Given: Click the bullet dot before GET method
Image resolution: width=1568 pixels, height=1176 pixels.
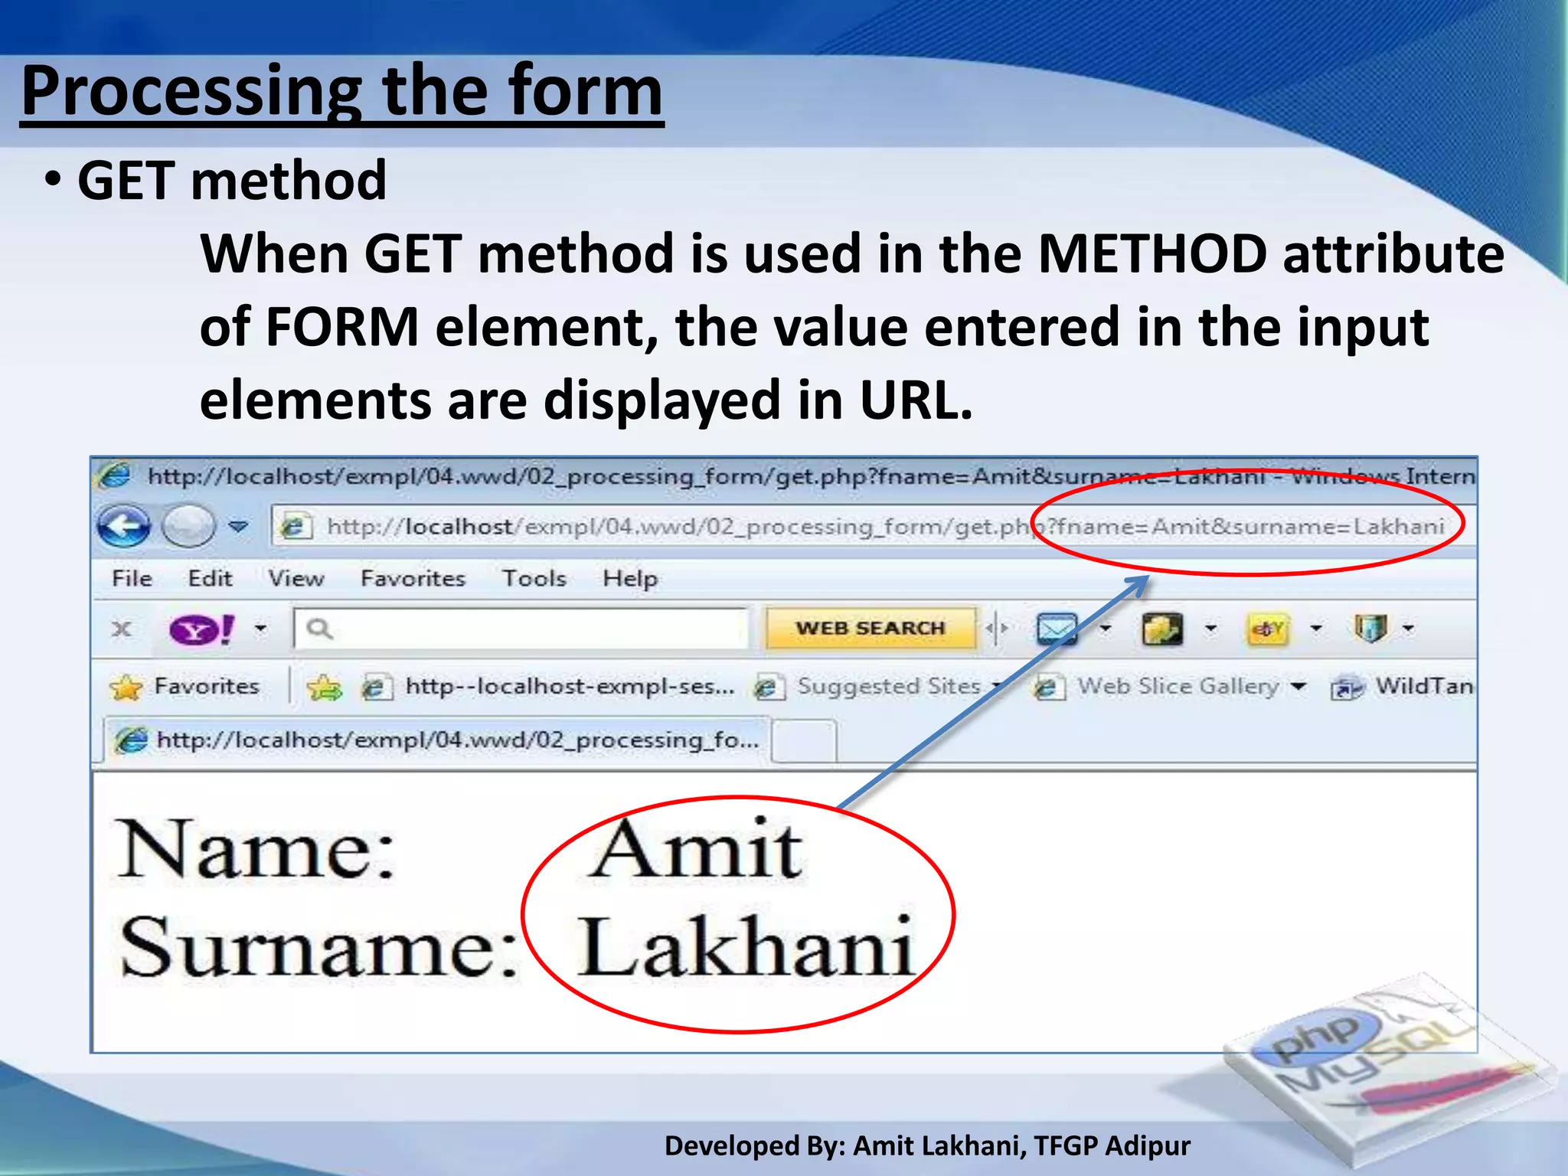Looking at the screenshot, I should tap(52, 181).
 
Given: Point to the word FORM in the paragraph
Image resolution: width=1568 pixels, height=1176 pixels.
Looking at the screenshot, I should tap(342, 327).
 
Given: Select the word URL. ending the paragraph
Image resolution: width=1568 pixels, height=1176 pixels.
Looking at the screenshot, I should tap(916, 400).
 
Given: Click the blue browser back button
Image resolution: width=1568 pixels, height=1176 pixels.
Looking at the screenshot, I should tap(123, 527).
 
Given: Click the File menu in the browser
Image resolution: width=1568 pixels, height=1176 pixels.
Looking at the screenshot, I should tap(132, 579).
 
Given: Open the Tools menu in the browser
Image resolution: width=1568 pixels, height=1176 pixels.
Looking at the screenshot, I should tap(534, 579).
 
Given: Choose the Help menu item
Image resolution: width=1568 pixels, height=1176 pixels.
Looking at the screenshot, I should tap(629, 579).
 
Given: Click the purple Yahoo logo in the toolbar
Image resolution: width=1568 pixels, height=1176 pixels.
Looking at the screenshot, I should tap(201, 629).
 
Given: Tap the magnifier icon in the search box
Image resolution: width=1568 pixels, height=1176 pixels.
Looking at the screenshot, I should tap(319, 629).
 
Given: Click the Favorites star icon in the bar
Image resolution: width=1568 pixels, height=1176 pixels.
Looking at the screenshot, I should tap(126, 687).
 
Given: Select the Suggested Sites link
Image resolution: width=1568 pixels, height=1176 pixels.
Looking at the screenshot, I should tap(888, 686).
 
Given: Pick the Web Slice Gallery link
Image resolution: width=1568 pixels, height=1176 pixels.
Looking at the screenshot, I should tap(1178, 686).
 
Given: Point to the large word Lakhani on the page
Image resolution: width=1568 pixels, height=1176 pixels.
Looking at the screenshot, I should tap(745, 948).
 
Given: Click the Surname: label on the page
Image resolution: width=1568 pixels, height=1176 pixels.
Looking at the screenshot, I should tap(318, 948).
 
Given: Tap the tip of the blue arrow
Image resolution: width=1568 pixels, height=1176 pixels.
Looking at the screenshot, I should tap(1148, 577).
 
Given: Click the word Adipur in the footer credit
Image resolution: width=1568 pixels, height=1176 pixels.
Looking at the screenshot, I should tap(1148, 1145).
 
